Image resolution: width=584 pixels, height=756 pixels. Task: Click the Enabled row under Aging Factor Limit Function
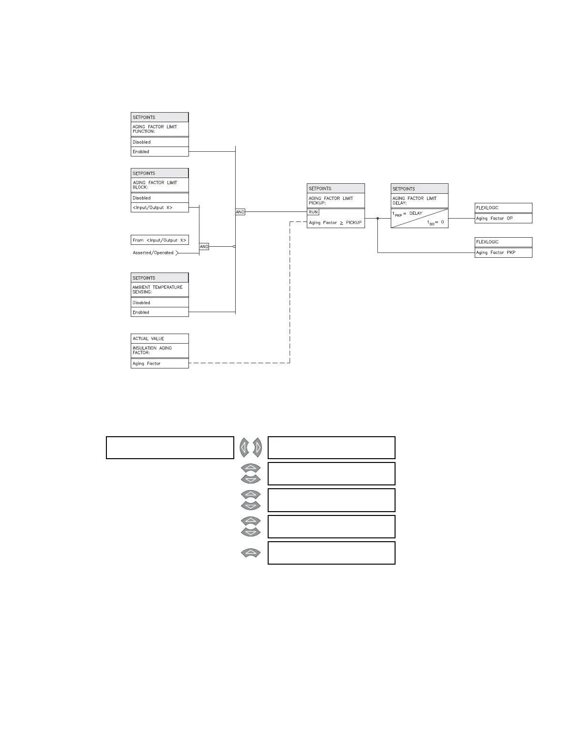coord(159,152)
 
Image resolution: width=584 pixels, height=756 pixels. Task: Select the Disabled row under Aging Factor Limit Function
coord(159,142)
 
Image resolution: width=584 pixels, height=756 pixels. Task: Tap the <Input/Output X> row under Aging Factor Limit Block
coord(159,208)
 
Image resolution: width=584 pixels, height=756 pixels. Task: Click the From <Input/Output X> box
coord(159,240)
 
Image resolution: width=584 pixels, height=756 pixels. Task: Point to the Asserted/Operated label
coord(153,253)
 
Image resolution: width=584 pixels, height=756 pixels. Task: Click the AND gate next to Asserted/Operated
coord(204,247)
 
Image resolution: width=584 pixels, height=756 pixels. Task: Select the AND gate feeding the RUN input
coord(240,212)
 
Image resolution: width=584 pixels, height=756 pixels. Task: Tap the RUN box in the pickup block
coord(313,212)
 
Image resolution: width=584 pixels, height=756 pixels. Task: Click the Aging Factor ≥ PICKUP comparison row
coord(335,223)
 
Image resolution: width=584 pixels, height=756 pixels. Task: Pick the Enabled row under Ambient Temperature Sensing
coord(159,312)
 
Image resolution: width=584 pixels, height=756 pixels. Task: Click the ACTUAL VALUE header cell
coord(159,339)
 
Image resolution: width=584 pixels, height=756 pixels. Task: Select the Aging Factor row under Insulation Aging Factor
coord(159,364)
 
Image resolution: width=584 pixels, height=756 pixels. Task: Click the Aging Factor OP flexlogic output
coord(503,219)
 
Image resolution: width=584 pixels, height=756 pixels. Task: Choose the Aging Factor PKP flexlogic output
coord(503,252)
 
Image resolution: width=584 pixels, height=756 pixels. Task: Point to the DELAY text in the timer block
coord(416,213)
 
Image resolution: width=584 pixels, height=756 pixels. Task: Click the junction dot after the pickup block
coord(378,219)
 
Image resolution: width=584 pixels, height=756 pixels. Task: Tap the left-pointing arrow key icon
coord(245,448)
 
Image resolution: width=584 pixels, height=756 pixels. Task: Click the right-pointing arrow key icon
coord(258,448)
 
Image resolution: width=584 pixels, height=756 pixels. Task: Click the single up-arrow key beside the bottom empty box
coord(251,553)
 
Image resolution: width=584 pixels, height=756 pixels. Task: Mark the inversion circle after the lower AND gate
coord(234,247)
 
